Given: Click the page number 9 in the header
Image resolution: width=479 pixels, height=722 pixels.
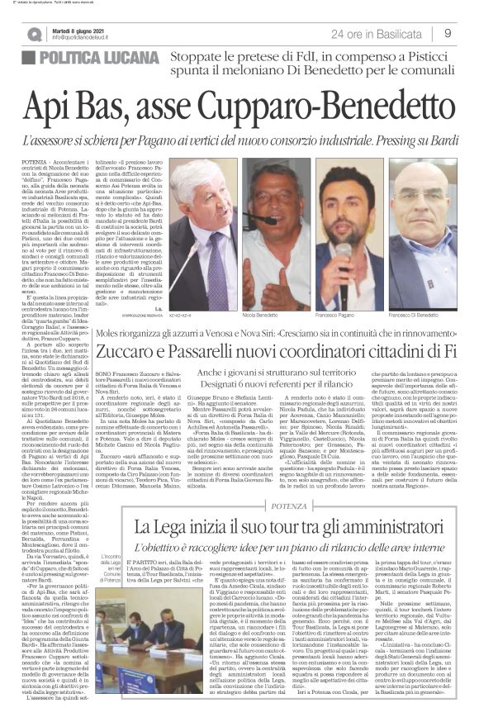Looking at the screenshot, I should tap(447, 33).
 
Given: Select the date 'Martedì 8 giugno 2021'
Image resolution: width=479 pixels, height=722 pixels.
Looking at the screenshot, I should tap(78, 29).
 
